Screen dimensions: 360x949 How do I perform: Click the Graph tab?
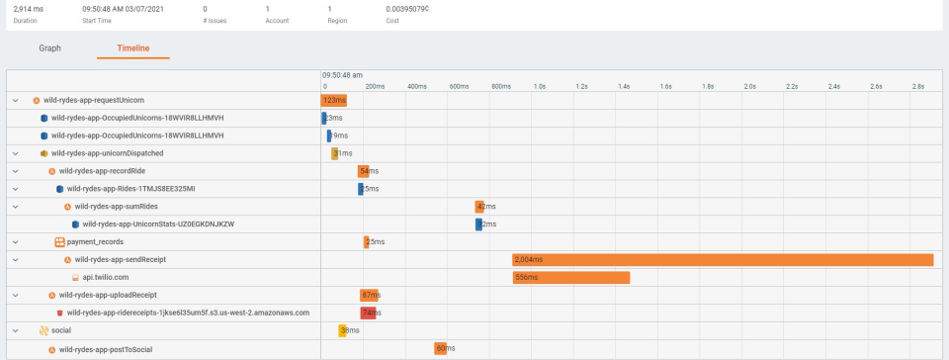coord(49,46)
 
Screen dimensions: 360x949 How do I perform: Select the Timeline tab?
coord(133,46)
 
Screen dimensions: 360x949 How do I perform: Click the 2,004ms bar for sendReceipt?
coord(723,260)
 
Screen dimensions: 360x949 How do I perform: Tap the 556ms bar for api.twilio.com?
coord(571,278)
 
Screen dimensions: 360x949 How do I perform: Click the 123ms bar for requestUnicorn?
coord(334,100)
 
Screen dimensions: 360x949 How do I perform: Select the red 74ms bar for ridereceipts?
coord(368,313)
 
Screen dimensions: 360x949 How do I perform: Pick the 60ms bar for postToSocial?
coord(441,348)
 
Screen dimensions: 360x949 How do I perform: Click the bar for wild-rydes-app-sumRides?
coord(479,207)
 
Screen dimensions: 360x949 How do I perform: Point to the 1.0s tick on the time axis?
coord(540,87)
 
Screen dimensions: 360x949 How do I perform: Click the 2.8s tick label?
coord(917,87)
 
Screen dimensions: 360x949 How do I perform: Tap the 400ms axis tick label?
coord(415,87)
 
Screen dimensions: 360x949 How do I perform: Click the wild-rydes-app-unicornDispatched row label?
coord(107,153)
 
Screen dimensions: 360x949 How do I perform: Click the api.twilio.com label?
coord(106,277)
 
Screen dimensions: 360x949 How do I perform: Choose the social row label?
coord(61,330)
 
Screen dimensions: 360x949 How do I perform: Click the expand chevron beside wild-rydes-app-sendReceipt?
coord(15,260)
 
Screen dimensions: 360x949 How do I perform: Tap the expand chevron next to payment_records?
coord(15,242)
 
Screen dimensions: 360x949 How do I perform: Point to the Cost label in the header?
coord(393,20)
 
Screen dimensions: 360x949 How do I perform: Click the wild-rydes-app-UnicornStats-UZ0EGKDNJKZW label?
coord(158,225)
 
